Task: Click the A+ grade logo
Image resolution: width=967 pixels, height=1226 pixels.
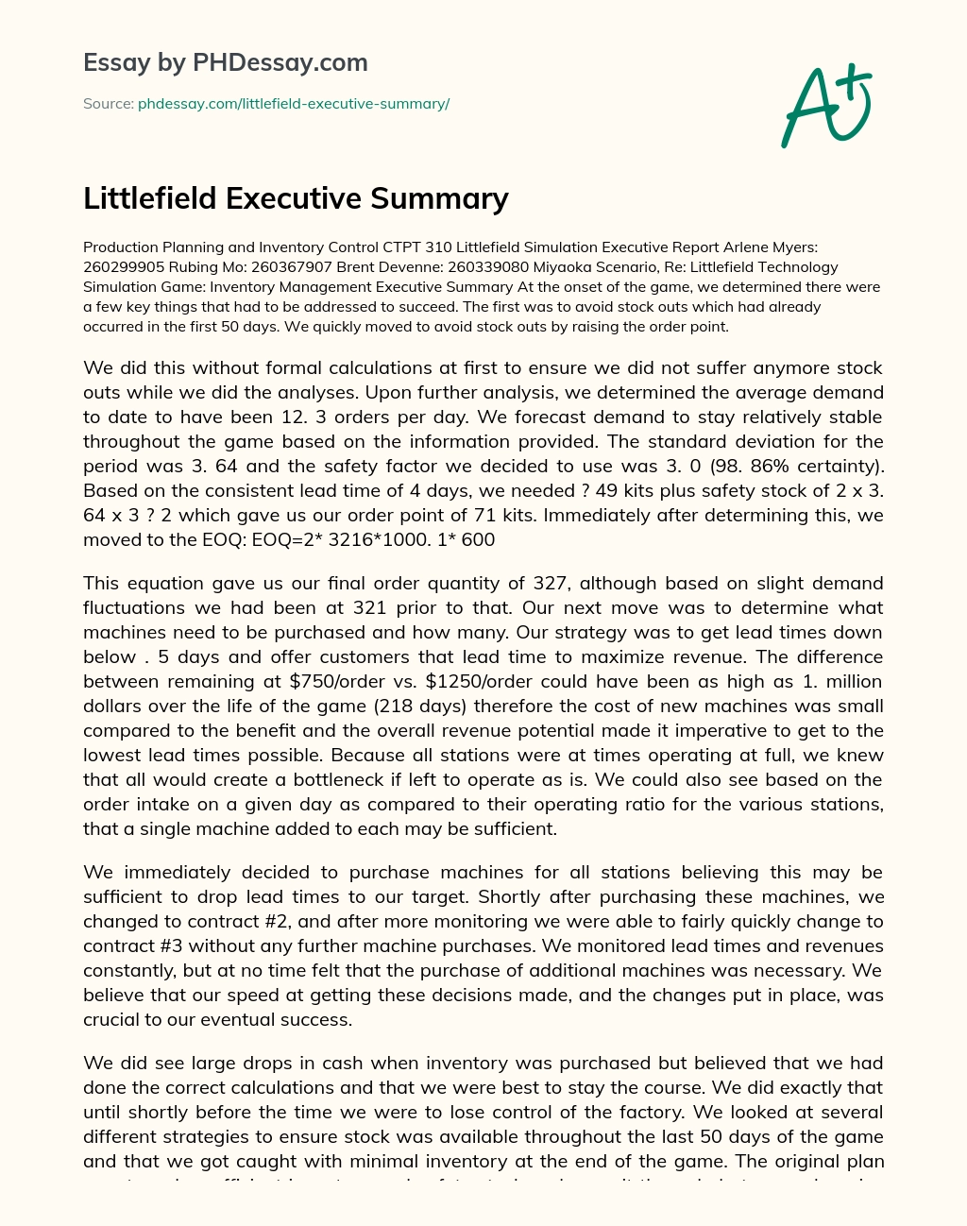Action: tap(826, 106)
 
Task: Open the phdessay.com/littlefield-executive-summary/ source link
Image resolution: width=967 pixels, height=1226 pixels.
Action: tap(294, 104)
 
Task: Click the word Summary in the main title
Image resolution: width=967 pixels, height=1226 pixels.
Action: tap(440, 198)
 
